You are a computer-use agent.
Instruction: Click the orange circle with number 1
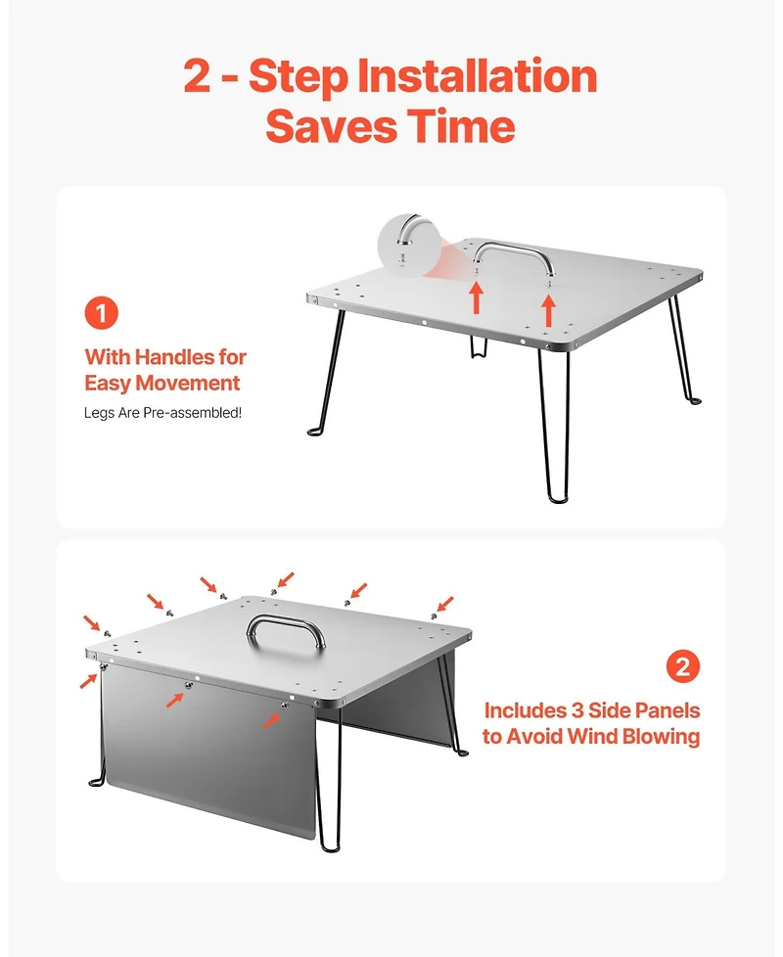coord(102,313)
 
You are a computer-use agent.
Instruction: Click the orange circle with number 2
coord(683,665)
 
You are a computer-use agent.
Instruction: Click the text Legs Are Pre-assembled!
coord(162,413)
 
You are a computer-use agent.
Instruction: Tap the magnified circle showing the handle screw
coord(407,244)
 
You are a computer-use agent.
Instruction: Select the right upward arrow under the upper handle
coord(549,310)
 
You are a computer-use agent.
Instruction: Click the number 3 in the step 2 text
coord(577,710)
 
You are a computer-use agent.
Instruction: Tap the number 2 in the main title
coord(198,75)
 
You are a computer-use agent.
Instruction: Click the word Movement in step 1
coord(187,384)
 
